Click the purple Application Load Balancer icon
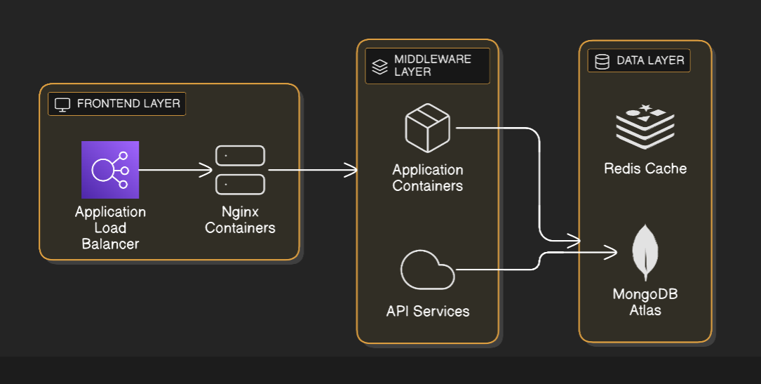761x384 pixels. [110, 170]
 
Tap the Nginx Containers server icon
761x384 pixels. [240, 170]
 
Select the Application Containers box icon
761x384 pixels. [427, 128]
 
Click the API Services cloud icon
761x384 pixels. [427, 270]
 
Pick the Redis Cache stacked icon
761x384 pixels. [645, 126]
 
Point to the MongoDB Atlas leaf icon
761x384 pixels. [645, 253]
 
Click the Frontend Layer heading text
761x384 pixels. [128, 104]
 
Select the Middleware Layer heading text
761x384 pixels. [432, 65]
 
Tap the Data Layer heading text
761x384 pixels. [650, 60]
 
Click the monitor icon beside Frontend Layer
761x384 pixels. [62, 105]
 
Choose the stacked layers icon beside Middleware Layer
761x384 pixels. [379, 66]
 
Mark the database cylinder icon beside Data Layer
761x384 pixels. [602, 61]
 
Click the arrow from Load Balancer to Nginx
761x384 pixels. [175, 170]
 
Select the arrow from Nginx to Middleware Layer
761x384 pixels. [312, 170]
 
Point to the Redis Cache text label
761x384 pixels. [645, 168]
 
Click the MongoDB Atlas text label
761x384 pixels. [645, 301]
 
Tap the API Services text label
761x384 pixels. [427, 311]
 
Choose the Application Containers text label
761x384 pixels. [427, 178]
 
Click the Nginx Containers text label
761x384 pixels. [240, 219]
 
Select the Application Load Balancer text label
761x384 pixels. [110, 227]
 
